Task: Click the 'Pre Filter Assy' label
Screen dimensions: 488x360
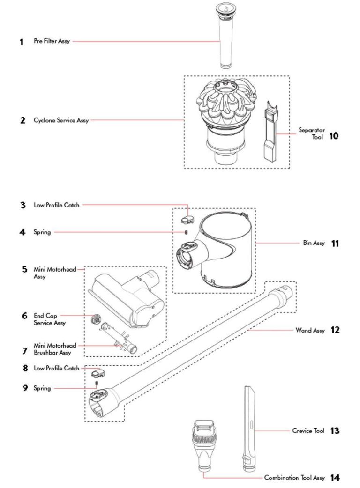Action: click(52, 41)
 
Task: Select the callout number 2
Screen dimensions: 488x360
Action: click(22, 121)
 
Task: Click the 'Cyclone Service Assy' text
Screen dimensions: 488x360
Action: click(61, 121)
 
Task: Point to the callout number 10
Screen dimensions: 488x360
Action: click(333, 137)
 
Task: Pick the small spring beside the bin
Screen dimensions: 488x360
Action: click(186, 232)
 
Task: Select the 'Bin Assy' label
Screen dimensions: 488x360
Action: click(314, 244)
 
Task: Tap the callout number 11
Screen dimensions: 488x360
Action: click(335, 244)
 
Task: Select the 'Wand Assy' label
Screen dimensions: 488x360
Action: click(310, 330)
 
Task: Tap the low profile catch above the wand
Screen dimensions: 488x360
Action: click(97, 372)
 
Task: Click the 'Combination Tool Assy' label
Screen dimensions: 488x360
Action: click(294, 478)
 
